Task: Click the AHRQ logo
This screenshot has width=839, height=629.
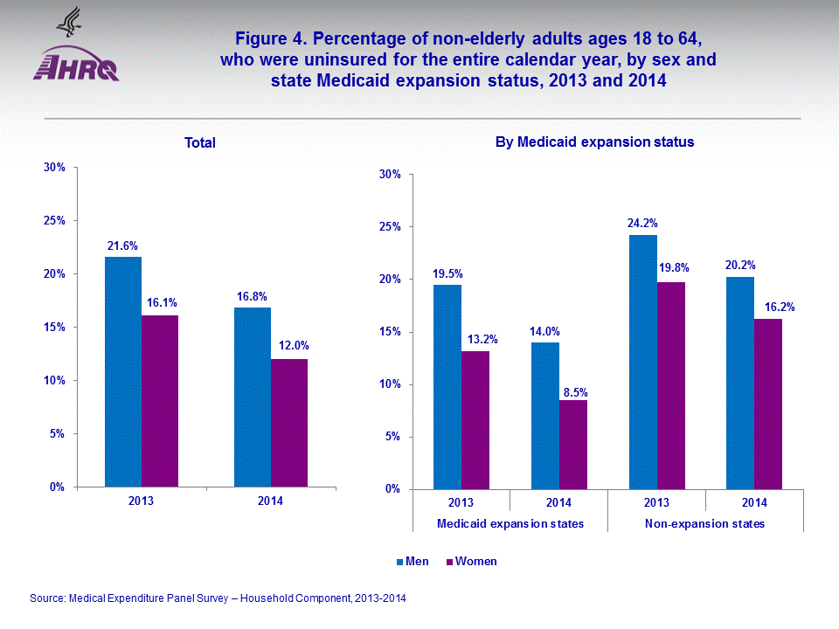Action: (75, 55)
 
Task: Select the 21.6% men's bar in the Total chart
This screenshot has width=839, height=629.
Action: (123, 371)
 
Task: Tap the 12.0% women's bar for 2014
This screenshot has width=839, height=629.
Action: (289, 423)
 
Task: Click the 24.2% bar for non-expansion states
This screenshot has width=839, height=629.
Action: (642, 362)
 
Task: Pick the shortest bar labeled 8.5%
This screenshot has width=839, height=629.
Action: (573, 445)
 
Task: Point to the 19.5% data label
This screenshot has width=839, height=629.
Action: (447, 273)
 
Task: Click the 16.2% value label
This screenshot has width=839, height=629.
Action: (768, 307)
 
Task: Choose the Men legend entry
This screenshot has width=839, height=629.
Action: (413, 562)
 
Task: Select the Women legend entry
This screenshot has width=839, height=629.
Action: (471, 562)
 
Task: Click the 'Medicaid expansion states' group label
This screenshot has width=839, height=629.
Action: (510, 523)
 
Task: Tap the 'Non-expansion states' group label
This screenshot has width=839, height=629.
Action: (705, 523)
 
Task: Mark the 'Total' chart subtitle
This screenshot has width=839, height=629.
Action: (200, 143)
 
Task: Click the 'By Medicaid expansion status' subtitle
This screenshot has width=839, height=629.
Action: (594, 142)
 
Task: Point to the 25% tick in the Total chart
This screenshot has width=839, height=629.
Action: (54, 221)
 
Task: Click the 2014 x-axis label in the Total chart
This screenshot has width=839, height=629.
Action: (271, 501)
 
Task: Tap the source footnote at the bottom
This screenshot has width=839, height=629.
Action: (218, 598)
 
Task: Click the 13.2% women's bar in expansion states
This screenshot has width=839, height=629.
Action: (475, 420)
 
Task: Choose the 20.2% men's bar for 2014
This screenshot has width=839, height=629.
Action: (740, 383)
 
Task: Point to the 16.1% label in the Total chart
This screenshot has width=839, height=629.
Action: (161, 302)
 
